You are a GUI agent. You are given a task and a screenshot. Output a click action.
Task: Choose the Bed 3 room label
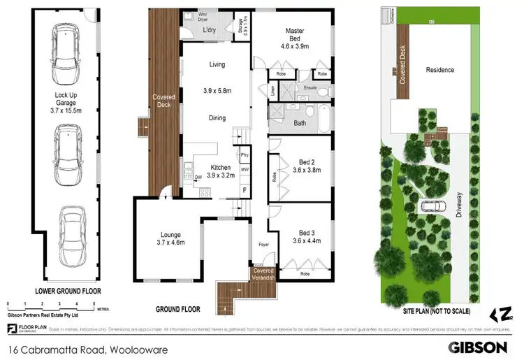(305, 236)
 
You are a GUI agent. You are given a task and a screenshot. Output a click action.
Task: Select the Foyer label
(263, 245)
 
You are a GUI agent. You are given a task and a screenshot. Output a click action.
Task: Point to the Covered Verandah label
(263, 274)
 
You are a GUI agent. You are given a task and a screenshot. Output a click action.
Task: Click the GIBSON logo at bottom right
(479, 346)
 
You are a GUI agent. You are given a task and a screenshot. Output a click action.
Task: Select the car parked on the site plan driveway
(432, 206)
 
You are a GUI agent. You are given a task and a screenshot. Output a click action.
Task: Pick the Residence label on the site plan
(439, 70)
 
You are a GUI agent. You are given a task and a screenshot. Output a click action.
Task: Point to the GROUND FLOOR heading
(177, 309)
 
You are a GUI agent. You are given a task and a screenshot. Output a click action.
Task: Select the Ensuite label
(311, 88)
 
